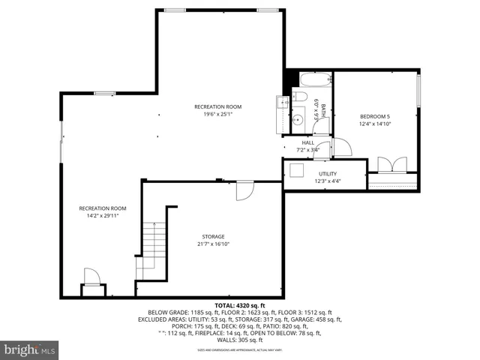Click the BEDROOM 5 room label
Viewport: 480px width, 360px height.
pyautogui.click(x=375, y=116)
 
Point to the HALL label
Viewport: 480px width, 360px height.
pyautogui.click(x=307, y=142)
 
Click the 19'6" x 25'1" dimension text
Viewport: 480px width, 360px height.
pyautogui.click(x=217, y=115)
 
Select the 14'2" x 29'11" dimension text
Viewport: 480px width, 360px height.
pyautogui.click(x=103, y=216)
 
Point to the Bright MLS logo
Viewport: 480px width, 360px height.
pyautogui.click(x=30, y=349)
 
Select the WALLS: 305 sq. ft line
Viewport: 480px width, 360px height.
pyautogui.click(x=239, y=340)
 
